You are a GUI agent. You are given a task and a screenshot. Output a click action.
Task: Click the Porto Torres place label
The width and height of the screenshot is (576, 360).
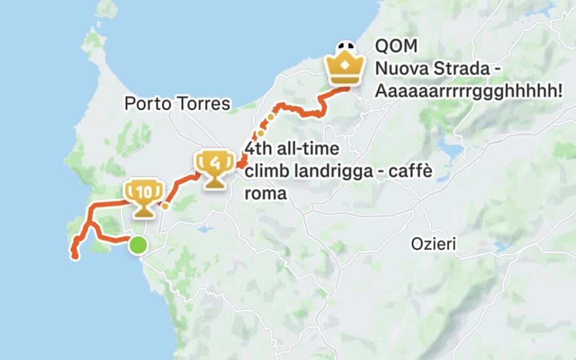[x=178, y=103]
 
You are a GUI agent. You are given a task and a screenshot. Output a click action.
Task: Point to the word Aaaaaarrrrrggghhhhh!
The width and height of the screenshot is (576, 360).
[x=469, y=91]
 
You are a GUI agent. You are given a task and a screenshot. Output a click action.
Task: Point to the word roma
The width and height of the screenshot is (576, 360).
[x=266, y=193]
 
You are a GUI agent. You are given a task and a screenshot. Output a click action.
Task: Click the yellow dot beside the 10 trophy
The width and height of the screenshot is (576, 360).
[x=165, y=206]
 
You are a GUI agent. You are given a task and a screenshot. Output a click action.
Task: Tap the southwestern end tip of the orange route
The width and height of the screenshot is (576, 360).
[x=75, y=258]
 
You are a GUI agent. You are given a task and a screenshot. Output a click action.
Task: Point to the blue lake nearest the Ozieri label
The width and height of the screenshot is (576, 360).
[x=502, y=246]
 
